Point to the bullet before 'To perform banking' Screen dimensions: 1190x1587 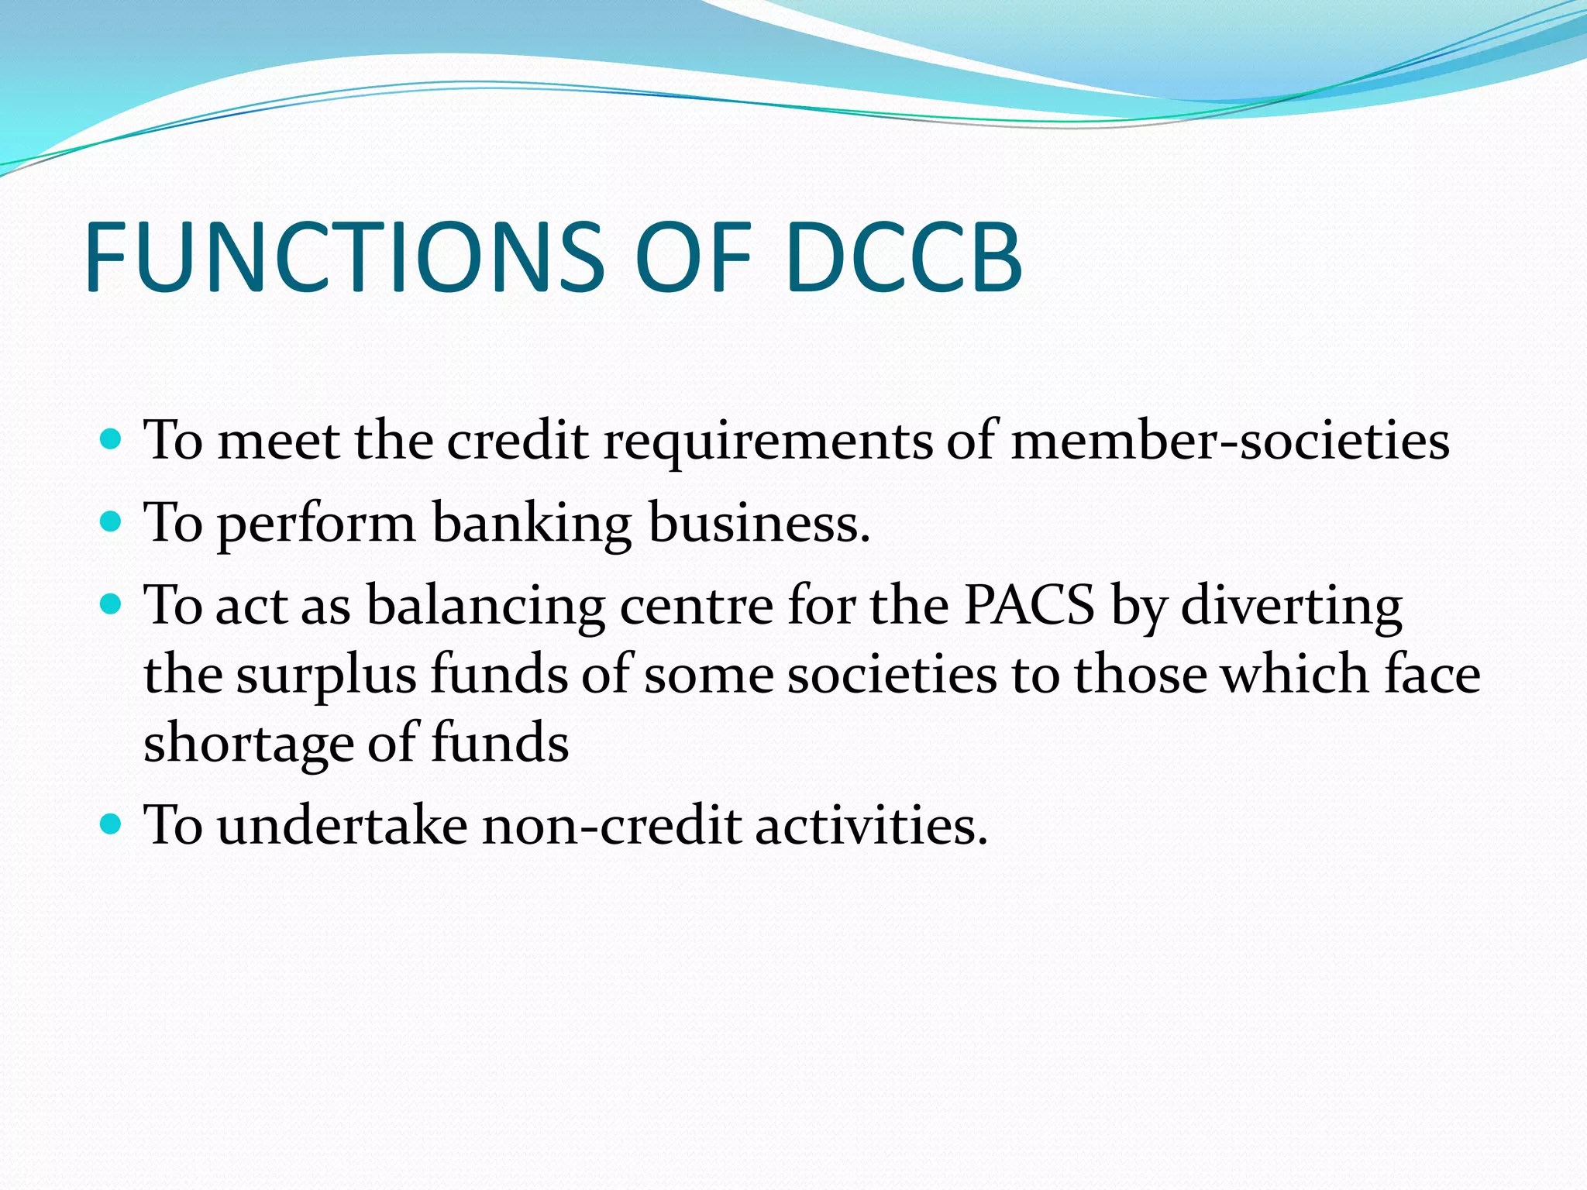(112, 522)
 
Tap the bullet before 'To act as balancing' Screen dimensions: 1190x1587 (112, 604)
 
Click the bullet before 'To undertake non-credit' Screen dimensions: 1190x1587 (112, 824)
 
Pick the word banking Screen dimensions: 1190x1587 (532, 524)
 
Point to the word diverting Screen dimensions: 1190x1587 (1291, 606)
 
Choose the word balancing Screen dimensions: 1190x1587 (485, 606)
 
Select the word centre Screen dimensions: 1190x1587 (696, 606)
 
